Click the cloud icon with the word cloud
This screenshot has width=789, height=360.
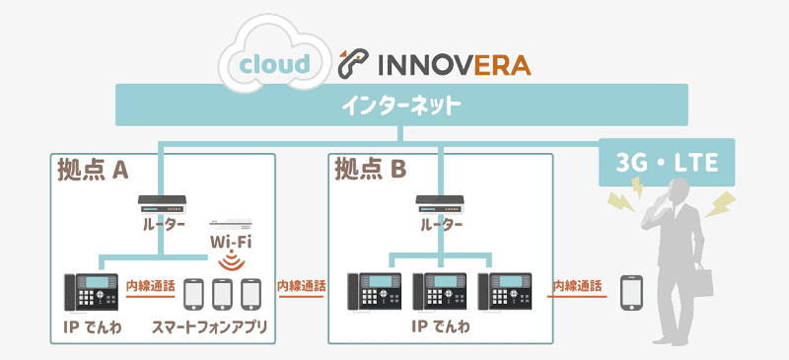[275, 62]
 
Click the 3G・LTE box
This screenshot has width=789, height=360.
[667, 162]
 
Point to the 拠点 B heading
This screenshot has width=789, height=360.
[370, 170]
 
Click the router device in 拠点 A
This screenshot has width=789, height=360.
[164, 204]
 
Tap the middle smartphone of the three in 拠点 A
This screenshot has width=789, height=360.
[222, 293]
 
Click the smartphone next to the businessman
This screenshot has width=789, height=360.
[631, 293]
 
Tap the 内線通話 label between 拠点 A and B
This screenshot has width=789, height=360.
[301, 286]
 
